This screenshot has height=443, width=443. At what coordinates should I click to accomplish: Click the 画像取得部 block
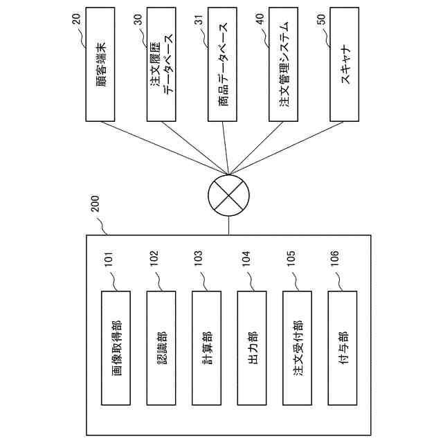tap(117, 348)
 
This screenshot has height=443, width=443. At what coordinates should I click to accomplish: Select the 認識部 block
tap(162, 348)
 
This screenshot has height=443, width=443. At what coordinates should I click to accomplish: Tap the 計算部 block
tap(208, 348)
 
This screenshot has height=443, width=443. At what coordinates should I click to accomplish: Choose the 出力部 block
tap(253, 348)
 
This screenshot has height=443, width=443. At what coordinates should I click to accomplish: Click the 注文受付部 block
tap(298, 348)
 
